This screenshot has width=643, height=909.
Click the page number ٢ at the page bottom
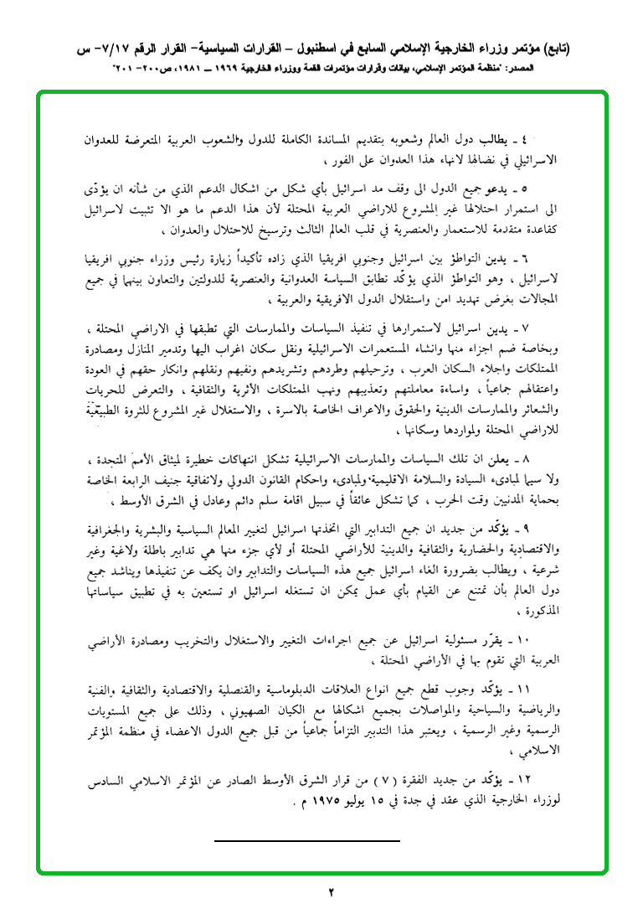coord(331,891)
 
